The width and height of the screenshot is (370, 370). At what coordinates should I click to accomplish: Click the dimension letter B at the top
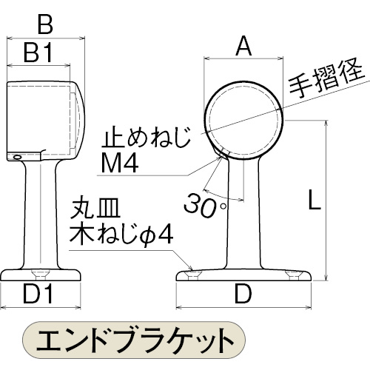(x=45, y=24)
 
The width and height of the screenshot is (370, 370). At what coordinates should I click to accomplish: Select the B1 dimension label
(x=38, y=53)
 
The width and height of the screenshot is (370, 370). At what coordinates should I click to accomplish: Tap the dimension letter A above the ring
(x=243, y=46)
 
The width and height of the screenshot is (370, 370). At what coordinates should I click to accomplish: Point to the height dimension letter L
(x=314, y=200)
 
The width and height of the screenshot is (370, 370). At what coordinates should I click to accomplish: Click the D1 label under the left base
(x=38, y=294)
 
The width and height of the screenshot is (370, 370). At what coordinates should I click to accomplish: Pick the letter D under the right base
(x=243, y=294)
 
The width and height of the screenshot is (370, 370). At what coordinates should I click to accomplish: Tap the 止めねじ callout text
(x=146, y=138)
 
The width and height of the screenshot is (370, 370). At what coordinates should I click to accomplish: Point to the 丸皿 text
(x=95, y=209)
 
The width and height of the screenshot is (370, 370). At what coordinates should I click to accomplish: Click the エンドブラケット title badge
(x=134, y=340)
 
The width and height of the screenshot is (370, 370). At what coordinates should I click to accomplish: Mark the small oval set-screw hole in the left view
(x=17, y=157)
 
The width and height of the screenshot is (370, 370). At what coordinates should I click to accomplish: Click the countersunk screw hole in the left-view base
(x=41, y=275)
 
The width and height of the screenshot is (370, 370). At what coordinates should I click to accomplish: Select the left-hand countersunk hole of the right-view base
(x=193, y=275)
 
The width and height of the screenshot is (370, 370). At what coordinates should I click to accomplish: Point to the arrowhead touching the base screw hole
(x=189, y=267)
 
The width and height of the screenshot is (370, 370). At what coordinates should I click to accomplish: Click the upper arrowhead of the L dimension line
(x=326, y=124)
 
